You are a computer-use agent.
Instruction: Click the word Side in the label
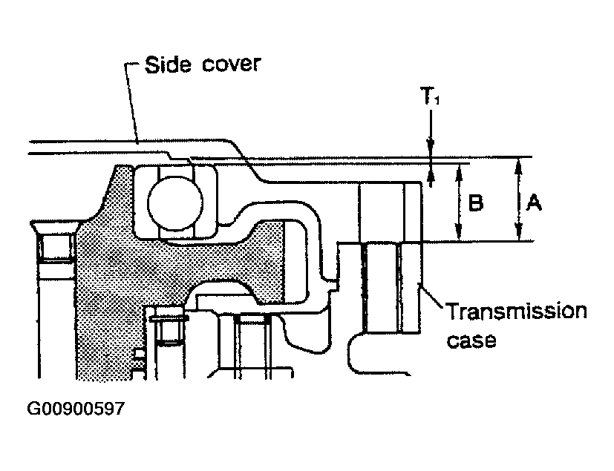[168, 64]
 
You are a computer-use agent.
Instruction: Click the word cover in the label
[232, 63]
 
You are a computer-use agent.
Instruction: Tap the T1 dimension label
[430, 96]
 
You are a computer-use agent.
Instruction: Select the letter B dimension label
[476, 202]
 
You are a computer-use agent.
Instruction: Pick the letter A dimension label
[533, 202]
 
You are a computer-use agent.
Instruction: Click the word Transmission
[517, 311]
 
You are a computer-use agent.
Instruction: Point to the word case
[471, 340]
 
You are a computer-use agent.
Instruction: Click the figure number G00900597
[76, 409]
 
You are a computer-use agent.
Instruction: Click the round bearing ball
[175, 203]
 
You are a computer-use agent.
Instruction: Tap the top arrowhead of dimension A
[519, 165]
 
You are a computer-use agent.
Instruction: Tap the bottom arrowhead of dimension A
[519, 232]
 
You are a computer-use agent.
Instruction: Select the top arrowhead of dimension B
[459, 172]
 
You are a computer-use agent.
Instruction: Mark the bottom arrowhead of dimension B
[459, 232]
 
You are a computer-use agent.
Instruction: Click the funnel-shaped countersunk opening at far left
[56, 227]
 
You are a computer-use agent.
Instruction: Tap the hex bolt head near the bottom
[169, 318]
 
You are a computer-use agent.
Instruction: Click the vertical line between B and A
[519, 199]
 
